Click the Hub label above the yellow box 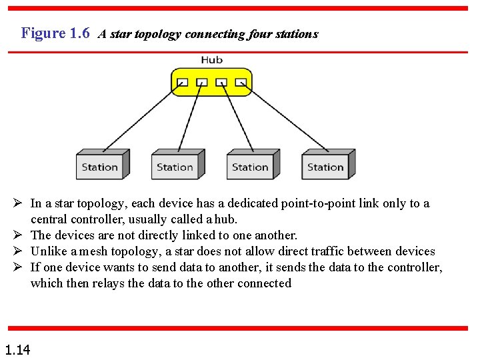211,60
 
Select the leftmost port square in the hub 183,83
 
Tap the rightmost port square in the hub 241,83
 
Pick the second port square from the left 202,83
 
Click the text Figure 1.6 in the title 55,33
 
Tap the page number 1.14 17,349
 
